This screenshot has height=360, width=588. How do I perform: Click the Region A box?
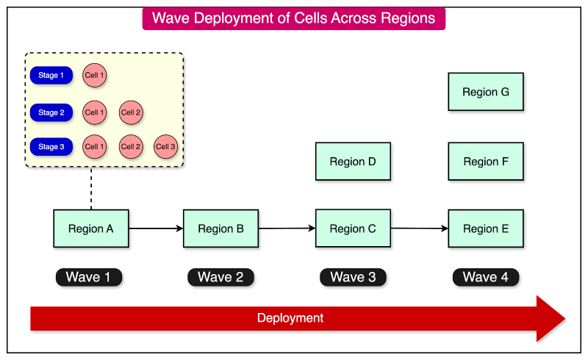(x=91, y=228)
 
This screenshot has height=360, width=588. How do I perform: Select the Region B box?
(x=220, y=228)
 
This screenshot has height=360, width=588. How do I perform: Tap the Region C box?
(x=353, y=228)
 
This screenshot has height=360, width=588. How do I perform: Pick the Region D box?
(x=353, y=162)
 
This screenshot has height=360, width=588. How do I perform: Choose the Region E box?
(x=486, y=228)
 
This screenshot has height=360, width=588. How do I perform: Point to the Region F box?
(x=486, y=162)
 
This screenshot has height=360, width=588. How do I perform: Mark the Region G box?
(x=486, y=92)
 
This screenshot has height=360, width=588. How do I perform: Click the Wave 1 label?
(x=88, y=277)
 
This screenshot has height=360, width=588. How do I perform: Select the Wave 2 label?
(x=220, y=277)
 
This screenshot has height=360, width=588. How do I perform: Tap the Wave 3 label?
(x=353, y=277)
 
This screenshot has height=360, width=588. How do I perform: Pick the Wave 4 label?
(x=486, y=277)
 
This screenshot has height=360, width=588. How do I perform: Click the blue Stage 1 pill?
(x=51, y=75)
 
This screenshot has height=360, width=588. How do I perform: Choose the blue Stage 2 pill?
(x=51, y=112)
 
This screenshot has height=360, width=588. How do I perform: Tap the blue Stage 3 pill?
(x=51, y=147)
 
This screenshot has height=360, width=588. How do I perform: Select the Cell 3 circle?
(x=165, y=147)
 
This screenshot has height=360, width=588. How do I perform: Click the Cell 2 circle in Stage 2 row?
(x=131, y=112)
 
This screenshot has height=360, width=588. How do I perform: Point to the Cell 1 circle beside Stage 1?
(x=94, y=75)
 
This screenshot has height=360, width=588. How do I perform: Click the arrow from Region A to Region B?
(x=156, y=228)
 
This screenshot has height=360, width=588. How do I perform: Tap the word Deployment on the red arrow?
(x=290, y=318)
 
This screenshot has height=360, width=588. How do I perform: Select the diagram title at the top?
(x=293, y=18)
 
